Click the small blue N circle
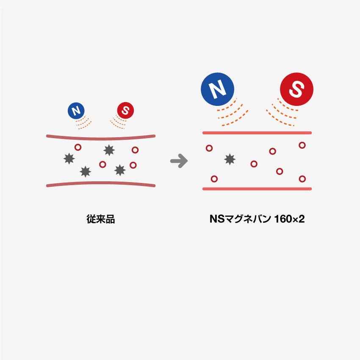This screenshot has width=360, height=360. (x=76, y=111)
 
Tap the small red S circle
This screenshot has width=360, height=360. (x=125, y=111)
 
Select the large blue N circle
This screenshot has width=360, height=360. (x=217, y=89)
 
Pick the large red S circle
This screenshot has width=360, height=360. (x=296, y=89)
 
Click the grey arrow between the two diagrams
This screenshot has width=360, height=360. (x=179, y=161)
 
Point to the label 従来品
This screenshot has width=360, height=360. (x=100, y=220)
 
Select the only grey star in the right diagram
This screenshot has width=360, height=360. (x=230, y=159)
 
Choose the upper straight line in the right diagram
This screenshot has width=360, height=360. (x=257, y=133)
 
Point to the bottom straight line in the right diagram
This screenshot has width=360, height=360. (x=257, y=189)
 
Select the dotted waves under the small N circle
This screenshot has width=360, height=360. (x=84, y=122)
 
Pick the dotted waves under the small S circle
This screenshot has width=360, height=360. (x=118, y=122)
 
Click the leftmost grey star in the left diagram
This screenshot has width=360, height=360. (x=68, y=158)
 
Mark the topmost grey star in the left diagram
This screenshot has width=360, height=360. (x=109, y=150)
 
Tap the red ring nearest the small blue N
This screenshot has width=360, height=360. (x=78, y=147)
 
